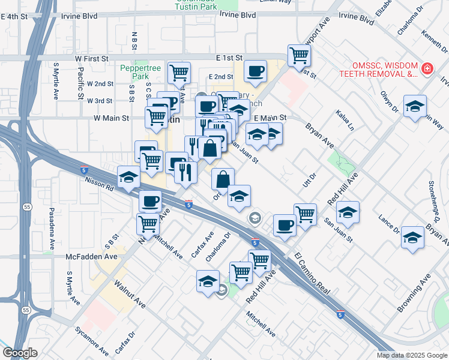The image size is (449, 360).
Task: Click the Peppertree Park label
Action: pos(140,72)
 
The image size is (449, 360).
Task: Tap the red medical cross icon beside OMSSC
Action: pos(427,69)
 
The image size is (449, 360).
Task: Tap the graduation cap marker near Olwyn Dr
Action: pos(415,106)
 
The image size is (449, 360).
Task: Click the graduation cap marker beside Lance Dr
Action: pos(412,237)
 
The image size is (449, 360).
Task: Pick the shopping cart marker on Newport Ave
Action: pos(298,56)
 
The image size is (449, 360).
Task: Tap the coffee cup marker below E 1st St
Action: pos(255,71)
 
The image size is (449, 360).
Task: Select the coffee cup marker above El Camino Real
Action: pos(285,225)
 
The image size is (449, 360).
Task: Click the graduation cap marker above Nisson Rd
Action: pos(128,177)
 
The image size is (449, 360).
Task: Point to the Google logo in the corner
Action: pos(20,353)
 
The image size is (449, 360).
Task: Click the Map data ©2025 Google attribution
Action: pos(412,355)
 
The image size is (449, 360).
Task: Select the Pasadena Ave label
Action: pos(52,229)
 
